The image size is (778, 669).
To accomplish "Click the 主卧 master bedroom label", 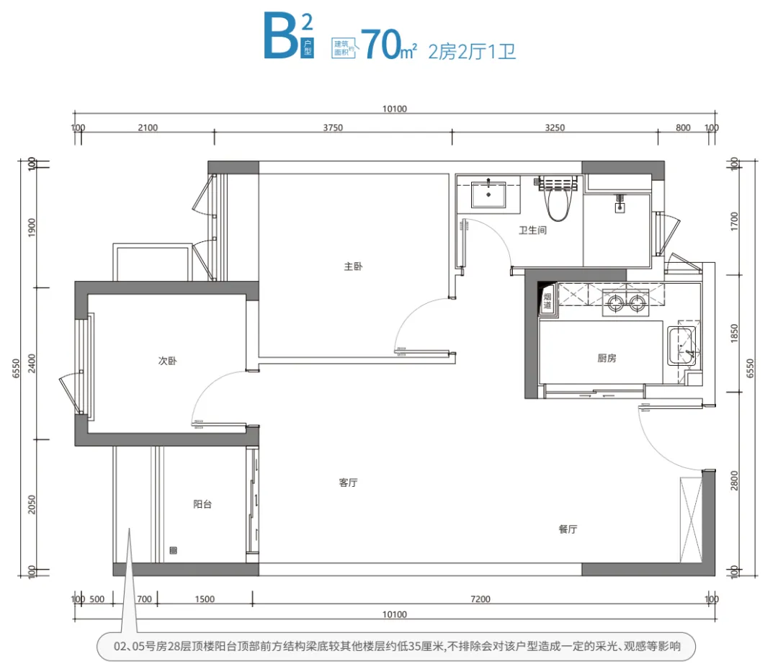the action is coord(353,266).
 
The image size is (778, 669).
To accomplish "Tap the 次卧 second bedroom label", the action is coord(167,361).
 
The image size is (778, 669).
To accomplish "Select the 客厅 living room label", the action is coord(349,482).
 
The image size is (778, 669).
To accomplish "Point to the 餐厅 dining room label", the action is coord(568,529).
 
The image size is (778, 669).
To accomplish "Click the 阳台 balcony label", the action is coord(202,504).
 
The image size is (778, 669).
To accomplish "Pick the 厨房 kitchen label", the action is coord(607,358).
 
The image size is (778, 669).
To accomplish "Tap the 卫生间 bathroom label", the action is coord(533,230).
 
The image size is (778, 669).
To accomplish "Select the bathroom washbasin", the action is coord(488,194).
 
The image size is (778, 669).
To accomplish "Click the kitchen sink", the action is coord(683,346).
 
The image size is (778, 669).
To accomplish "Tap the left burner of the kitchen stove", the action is coord(615,302).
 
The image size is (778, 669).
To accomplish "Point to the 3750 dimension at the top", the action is coord(333,127).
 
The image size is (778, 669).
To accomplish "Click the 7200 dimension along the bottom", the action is coord(480,599).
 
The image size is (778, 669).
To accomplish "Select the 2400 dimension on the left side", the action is coord(32,364).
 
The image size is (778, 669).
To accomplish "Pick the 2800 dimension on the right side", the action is coord(734,480).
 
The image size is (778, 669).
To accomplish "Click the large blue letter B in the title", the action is coord(281,36).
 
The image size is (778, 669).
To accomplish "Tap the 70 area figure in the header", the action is coord(381,45).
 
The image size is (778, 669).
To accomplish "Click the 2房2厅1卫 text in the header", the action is coord(472,52).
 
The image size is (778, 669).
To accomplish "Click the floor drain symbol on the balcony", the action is coord(173,550).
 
